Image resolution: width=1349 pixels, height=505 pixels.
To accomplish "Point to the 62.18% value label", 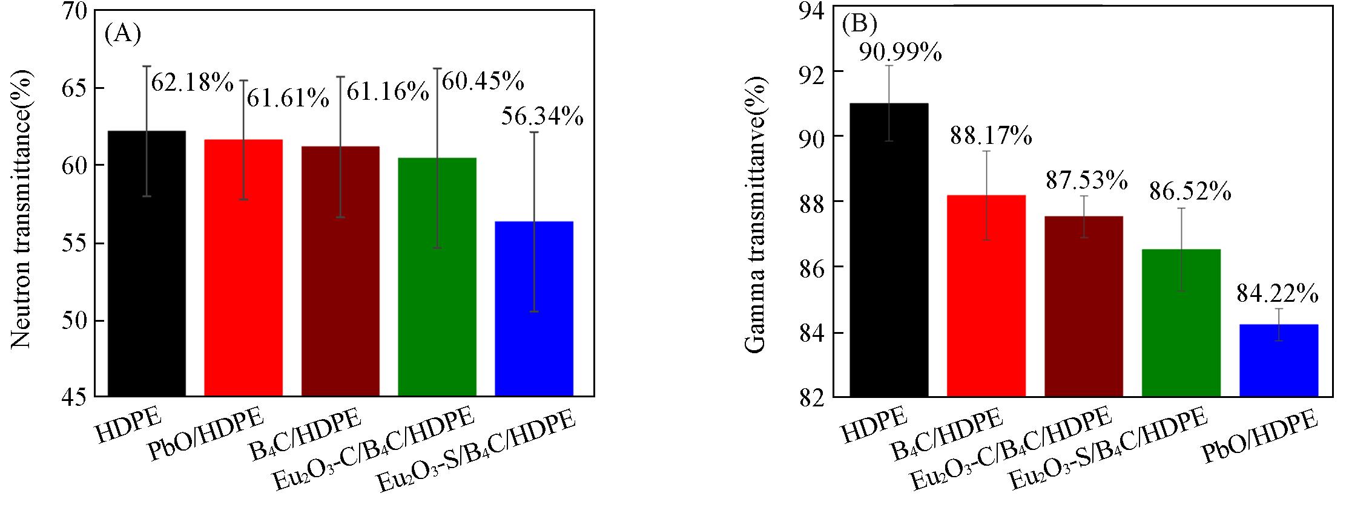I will coord(191,83).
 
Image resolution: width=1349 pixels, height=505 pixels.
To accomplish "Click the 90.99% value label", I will coord(900,53).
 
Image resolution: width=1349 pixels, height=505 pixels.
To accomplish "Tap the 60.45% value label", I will coord(483,80).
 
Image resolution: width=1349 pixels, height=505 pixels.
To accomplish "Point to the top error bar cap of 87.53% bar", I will coord(1083,196).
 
